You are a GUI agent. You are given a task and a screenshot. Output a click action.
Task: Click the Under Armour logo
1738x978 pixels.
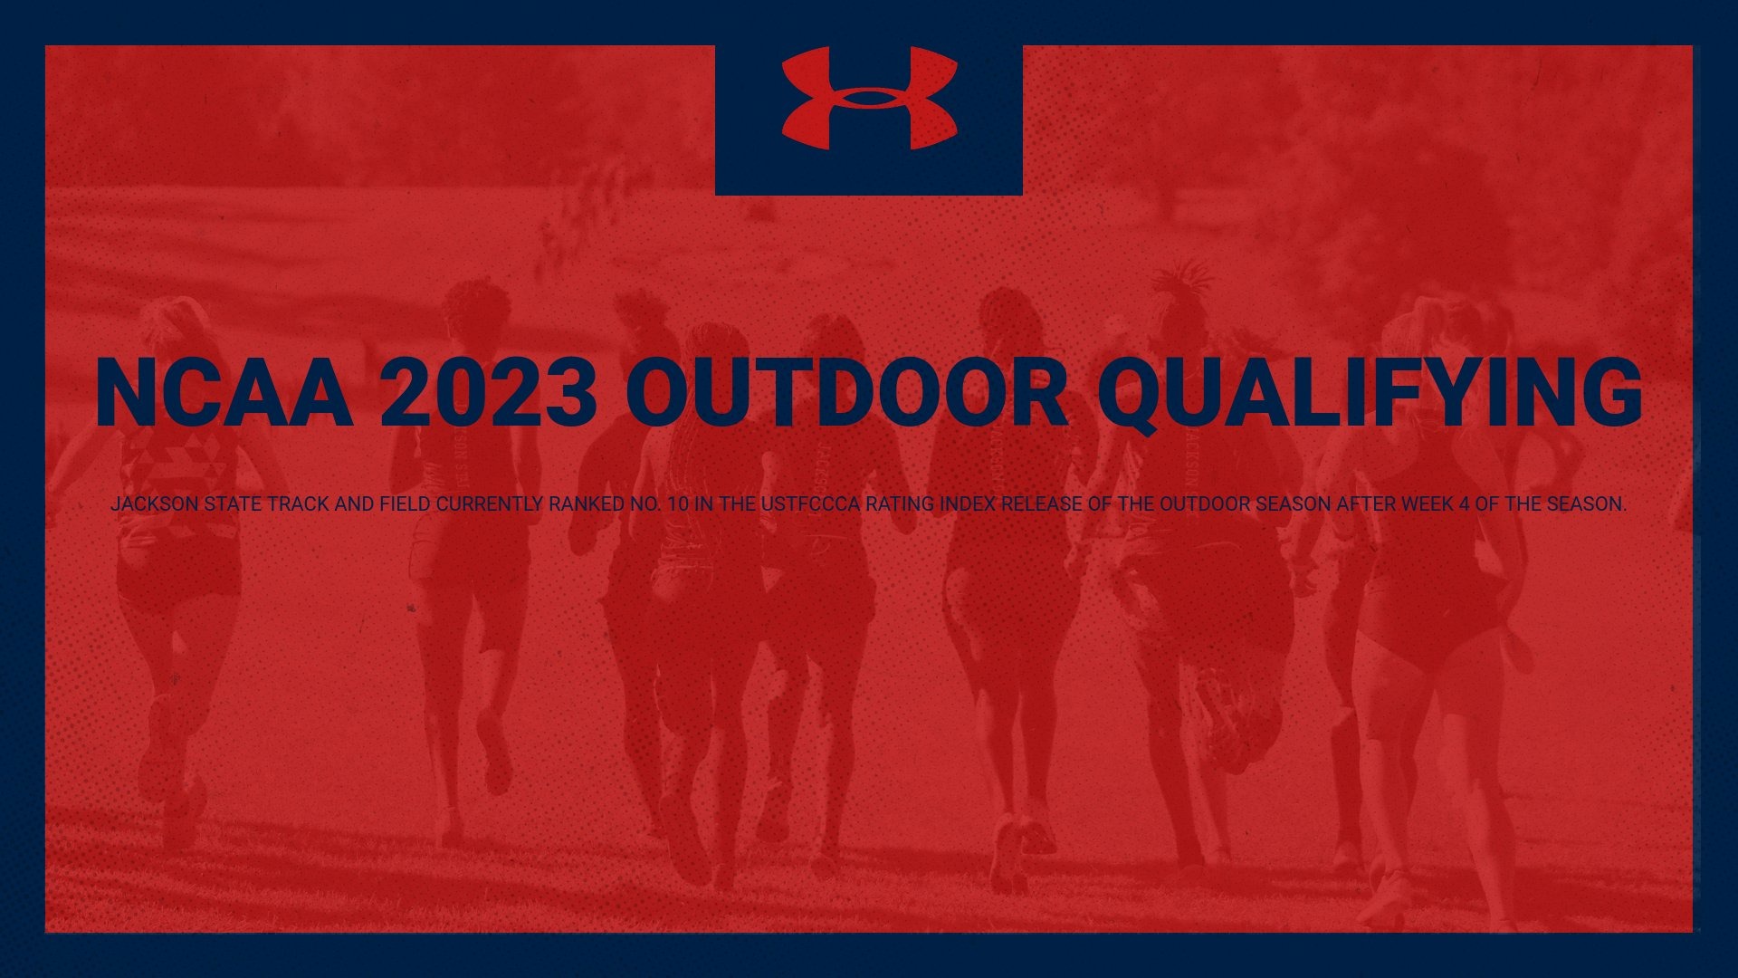869,99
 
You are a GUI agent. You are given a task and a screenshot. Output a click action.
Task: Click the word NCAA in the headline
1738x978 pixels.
224,393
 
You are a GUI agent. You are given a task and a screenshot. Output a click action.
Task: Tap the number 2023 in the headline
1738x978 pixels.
489,393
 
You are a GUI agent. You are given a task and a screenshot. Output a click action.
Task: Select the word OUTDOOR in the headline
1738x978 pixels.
847,393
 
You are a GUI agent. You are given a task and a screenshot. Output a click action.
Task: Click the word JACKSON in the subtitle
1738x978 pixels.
154,504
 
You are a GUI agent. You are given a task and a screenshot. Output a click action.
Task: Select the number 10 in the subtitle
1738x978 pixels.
678,504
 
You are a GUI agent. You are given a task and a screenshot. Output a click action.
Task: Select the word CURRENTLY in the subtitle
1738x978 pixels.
490,504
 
